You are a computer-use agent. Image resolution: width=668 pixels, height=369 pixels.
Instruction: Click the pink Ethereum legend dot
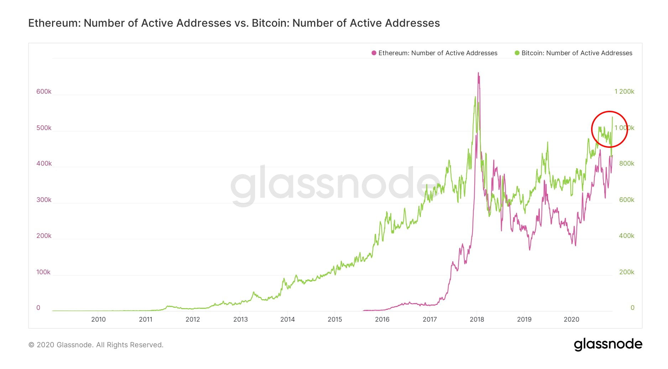coord(374,53)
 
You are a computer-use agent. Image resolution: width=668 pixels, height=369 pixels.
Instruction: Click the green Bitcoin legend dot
coord(517,53)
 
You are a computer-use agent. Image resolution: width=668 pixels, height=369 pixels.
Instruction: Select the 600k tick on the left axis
coord(44,92)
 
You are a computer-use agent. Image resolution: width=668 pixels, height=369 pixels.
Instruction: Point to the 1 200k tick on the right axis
coord(624,92)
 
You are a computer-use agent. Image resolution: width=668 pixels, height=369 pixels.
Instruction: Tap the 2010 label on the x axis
coord(98,319)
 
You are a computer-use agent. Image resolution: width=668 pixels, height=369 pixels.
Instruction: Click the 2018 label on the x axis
coord(477,319)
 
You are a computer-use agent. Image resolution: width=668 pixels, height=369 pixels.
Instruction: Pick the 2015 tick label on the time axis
coord(335,319)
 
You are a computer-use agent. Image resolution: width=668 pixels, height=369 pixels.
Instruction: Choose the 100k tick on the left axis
coord(43,272)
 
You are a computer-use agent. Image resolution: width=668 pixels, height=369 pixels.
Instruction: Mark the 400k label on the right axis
coord(627,236)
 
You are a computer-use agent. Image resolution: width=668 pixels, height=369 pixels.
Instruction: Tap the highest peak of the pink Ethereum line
coord(478,73)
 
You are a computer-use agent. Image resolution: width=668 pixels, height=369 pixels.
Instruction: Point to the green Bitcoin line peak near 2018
coord(475,97)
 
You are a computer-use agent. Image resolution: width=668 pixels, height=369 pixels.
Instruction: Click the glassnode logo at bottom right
coord(608,344)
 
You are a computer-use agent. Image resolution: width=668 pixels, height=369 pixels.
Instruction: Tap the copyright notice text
coord(96,345)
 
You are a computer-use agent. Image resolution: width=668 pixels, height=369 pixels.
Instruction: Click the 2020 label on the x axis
coord(572,319)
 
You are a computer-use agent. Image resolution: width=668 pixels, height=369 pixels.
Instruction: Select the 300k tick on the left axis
coord(44,200)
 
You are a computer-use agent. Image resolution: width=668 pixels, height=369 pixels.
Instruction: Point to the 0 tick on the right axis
coord(632,308)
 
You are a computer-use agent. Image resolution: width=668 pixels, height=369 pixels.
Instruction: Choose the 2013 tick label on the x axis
coord(240,319)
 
